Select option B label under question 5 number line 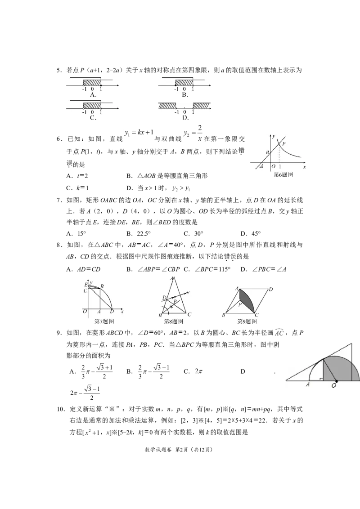[x=185, y=95]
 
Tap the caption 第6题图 [x=283, y=174]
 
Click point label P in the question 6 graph [x=283, y=143]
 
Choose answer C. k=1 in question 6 [x=77, y=188]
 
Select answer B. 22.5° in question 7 [x=139, y=233]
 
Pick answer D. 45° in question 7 [x=251, y=233]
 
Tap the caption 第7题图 [x=104, y=321]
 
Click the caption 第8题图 [x=174, y=321]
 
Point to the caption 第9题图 [x=247, y=321]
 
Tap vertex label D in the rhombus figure [x=270, y=289]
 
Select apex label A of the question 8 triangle [x=172, y=278]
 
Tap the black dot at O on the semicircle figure [x=337, y=380]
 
